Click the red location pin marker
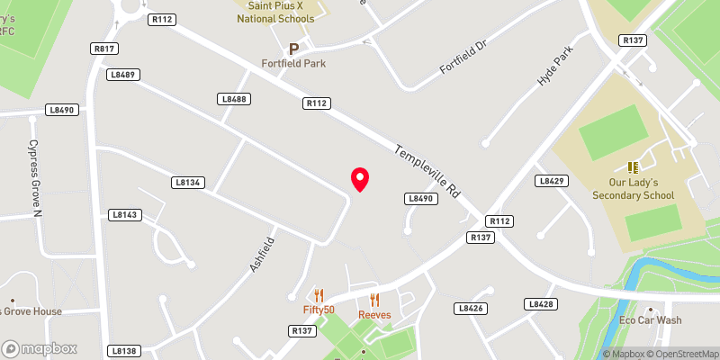tap(360, 179)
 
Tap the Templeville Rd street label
tap(427, 171)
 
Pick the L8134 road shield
tap(189, 182)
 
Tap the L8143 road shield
tap(125, 215)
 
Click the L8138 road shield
tap(125, 350)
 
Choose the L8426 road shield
tap(471, 308)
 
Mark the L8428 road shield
tap(542, 304)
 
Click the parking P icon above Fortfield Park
tap(293, 49)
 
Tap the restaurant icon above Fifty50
tap(318, 294)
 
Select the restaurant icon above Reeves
tap(374, 300)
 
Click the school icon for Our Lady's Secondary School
tap(633, 167)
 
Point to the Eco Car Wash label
tap(650, 320)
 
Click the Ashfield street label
tap(262, 255)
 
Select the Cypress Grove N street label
tap(34, 178)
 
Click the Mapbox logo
tap(40, 348)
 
